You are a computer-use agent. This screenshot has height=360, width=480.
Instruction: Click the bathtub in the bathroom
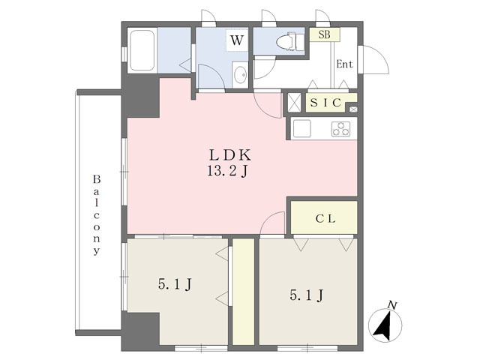coord(142,51)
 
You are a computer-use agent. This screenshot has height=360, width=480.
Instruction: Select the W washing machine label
coord(236,40)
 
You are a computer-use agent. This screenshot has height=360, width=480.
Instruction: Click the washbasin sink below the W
coord(238,75)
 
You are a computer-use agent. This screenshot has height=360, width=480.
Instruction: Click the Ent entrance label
coord(343,64)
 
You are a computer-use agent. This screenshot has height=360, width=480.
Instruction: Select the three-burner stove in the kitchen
coord(340,128)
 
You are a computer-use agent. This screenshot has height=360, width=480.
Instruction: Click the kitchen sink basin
coord(305,128)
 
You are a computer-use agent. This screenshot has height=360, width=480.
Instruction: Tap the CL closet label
coord(324,218)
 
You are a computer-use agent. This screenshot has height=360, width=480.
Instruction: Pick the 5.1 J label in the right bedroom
coord(306,295)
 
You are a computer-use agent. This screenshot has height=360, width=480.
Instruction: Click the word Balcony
coord(97,216)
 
